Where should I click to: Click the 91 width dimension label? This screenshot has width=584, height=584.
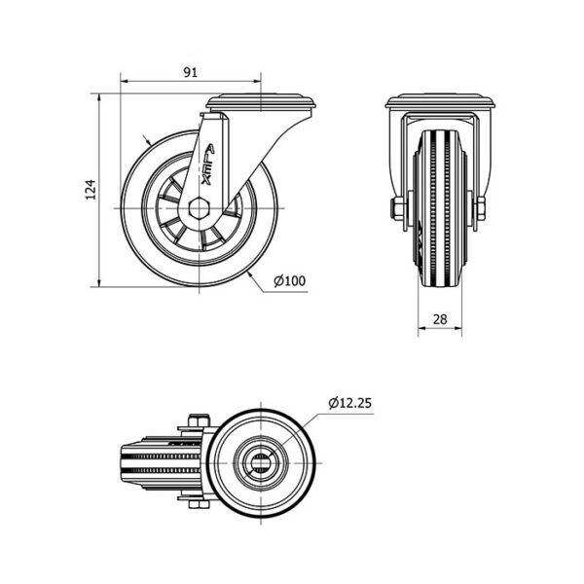click(191, 72)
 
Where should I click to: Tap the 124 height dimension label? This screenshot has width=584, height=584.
click(91, 190)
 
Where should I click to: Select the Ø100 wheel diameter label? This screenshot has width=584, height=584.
click(289, 281)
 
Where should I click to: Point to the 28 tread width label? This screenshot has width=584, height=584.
click(440, 319)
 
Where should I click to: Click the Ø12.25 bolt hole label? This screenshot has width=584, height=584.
click(349, 403)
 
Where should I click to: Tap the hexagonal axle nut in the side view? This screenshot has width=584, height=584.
click(199, 208)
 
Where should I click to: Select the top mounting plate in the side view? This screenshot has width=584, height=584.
click(261, 101)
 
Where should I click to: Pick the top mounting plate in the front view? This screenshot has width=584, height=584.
click(440, 101)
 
